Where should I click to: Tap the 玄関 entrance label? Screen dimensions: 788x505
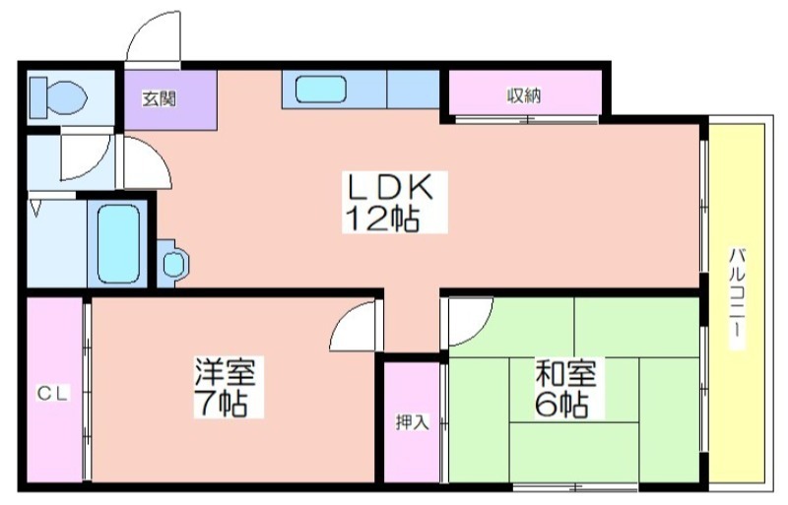[x=159, y=99]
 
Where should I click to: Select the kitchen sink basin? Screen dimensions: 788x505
[x=321, y=90]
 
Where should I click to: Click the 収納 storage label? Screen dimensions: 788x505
[x=524, y=95]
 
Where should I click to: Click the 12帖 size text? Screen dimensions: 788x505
[x=383, y=218]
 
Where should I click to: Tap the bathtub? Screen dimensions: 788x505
[x=118, y=244]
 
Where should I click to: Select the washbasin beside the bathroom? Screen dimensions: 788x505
[x=173, y=263]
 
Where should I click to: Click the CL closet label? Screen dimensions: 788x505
[x=53, y=394]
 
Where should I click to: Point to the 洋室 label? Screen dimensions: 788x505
[x=226, y=372]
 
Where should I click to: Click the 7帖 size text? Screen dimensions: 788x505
[x=221, y=403]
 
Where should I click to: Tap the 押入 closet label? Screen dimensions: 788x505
[x=412, y=422]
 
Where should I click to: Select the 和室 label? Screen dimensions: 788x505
[x=565, y=373]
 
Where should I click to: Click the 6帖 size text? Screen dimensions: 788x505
[x=561, y=404]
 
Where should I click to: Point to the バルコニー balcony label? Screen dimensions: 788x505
[x=737, y=298]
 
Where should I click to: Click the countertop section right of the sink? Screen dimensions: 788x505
[x=413, y=89]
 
